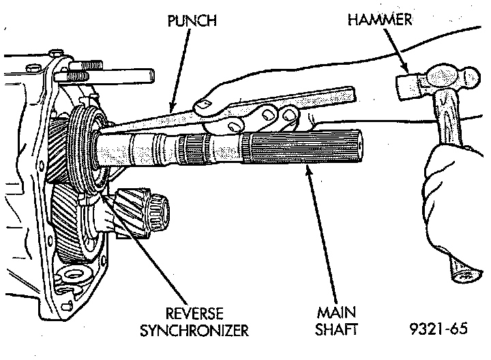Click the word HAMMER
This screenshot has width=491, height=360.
[380, 20]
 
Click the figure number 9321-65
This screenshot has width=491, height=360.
[439, 331]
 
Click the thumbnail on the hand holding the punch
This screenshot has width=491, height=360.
[203, 104]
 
